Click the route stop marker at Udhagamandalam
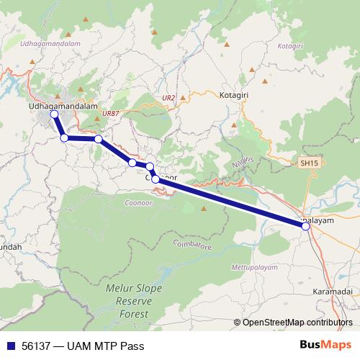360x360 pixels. tap(54, 114)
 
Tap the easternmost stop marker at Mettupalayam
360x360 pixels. tap(306, 226)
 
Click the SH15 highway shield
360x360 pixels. tap(309, 164)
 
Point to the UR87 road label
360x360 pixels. tap(111, 113)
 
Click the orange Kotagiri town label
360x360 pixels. tap(235, 94)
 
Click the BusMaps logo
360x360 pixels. tap(326, 346)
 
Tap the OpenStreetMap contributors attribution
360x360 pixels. tap(293, 322)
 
